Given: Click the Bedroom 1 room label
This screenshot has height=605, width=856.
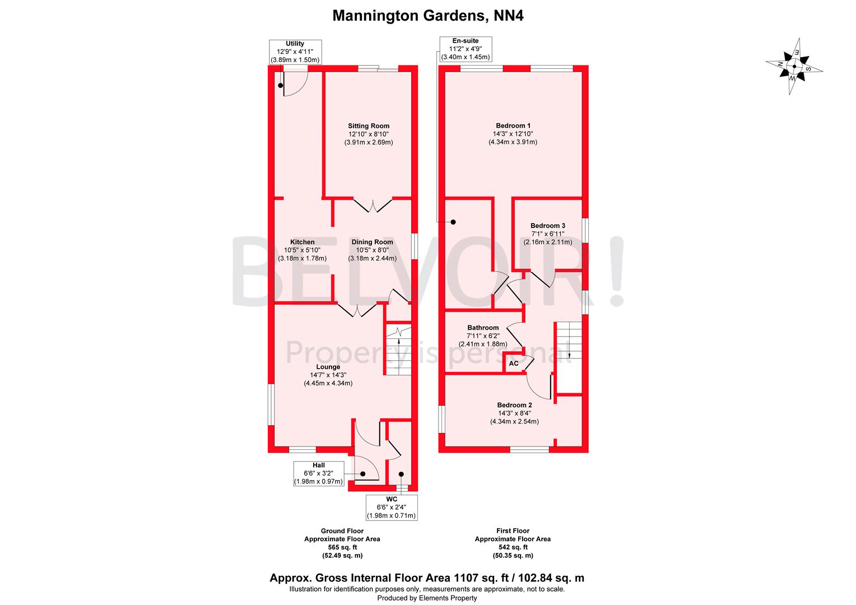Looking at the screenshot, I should pos(513,125).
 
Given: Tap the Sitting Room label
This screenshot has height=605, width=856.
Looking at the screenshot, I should pos(368,126).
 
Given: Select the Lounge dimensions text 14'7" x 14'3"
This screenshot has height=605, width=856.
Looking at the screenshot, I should pos(328,375).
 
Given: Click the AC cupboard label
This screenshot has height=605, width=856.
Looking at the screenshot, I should pos(514,364).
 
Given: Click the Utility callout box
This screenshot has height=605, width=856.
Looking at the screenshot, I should pos(295,52).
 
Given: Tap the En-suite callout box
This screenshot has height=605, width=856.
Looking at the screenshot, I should pos(465,49).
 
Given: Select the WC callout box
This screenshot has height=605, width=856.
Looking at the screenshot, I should pos(391,507).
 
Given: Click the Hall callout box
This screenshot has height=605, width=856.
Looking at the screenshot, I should pos(318,473).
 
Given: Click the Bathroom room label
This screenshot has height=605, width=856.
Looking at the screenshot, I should pos(483,328).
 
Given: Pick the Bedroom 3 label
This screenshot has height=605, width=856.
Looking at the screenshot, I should pos(548,226).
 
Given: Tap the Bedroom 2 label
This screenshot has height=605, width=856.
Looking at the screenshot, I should pos(514,405).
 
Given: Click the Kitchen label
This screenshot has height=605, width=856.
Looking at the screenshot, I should pos(302,242).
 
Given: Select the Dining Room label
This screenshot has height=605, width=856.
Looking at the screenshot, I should pos(373,242).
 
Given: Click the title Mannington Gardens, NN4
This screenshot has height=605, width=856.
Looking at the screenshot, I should pos(428,15).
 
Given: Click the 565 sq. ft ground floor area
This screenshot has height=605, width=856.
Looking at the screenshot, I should pos(342,547).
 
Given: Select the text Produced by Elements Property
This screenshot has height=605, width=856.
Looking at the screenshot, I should pos(427,598).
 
